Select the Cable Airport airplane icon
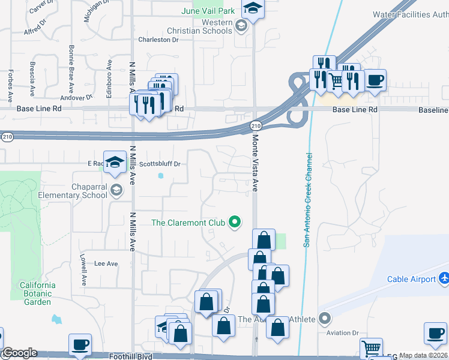pos(444,278)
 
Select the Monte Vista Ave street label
pos(255,161)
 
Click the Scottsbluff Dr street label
pos(160,163)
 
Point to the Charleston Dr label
pos(158,40)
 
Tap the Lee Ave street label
pos(106,263)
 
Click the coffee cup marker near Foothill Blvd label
pos(80,344)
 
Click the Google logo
pos(19,353)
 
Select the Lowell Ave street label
pos(83,271)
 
